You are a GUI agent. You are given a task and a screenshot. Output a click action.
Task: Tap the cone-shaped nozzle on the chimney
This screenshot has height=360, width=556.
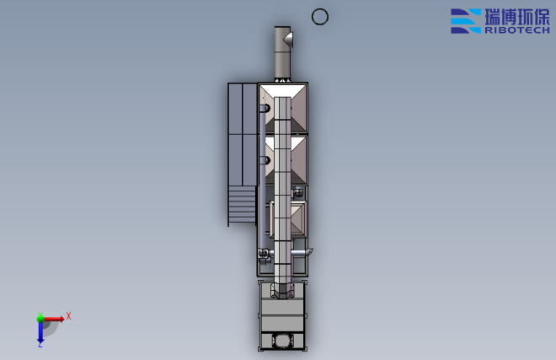tap(289, 39)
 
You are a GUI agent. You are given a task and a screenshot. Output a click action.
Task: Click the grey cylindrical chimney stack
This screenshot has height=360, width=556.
tap(282, 53)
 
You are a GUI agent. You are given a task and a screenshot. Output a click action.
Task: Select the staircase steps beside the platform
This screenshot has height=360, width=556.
tap(242, 206)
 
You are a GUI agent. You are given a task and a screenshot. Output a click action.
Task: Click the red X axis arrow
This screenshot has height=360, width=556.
tap(53, 319)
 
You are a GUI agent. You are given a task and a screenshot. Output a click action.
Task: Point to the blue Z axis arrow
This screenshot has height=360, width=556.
tap(40, 333)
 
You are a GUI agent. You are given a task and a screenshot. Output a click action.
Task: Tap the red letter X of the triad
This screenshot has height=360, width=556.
tap(68, 316)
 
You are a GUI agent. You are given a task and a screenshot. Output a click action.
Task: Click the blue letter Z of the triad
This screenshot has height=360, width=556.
tap(40, 345)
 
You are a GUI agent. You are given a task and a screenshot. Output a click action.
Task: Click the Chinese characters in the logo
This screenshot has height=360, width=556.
tap(517, 17)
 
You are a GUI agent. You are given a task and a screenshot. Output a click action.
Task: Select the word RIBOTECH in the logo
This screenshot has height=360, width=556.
tap(517, 30)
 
